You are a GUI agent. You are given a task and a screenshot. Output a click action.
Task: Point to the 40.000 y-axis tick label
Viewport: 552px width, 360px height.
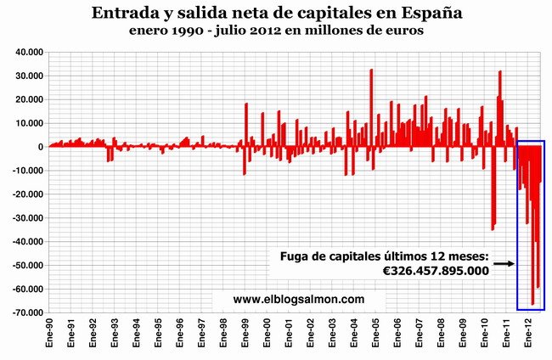[x=28, y=52]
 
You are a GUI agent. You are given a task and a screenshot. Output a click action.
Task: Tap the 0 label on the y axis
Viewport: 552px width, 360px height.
[x=40, y=147]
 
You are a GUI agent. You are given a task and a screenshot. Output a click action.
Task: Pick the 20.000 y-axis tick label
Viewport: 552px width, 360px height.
[x=28, y=99]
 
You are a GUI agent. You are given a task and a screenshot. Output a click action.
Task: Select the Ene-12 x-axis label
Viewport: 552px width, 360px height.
[x=528, y=335]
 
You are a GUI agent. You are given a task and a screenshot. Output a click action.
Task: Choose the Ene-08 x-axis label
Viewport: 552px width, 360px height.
[x=441, y=335]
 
